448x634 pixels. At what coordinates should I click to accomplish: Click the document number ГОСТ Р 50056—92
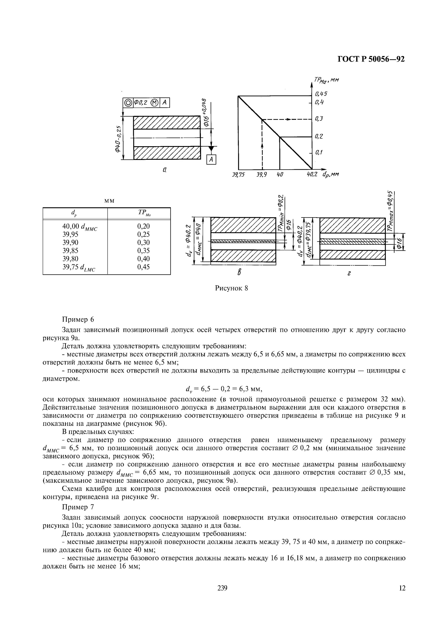(x=371, y=59)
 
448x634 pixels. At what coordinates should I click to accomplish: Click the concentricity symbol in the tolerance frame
(x=128, y=103)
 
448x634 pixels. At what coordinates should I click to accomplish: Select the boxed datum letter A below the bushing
(x=211, y=160)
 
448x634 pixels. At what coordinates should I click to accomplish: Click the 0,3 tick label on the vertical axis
(x=319, y=119)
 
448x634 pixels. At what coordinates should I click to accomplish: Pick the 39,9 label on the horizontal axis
(x=261, y=175)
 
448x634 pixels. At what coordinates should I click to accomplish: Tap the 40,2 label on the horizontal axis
(x=312, y=175)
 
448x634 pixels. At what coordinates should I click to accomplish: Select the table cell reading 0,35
(x=143, y=250)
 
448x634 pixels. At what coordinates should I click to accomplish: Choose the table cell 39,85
(x=70, y=250)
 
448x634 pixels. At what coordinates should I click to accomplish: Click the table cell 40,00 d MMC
(x=80, y=226)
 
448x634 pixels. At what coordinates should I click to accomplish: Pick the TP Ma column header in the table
(x=144, y=213)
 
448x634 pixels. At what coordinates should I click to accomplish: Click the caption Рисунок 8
(x=232, y=288)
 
